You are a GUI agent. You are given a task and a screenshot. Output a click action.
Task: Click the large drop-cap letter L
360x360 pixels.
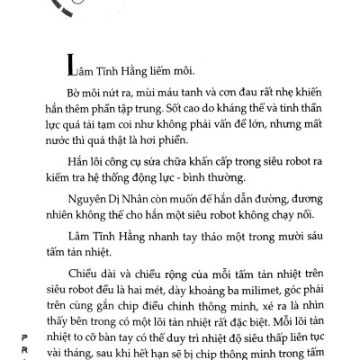coord(62,66)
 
